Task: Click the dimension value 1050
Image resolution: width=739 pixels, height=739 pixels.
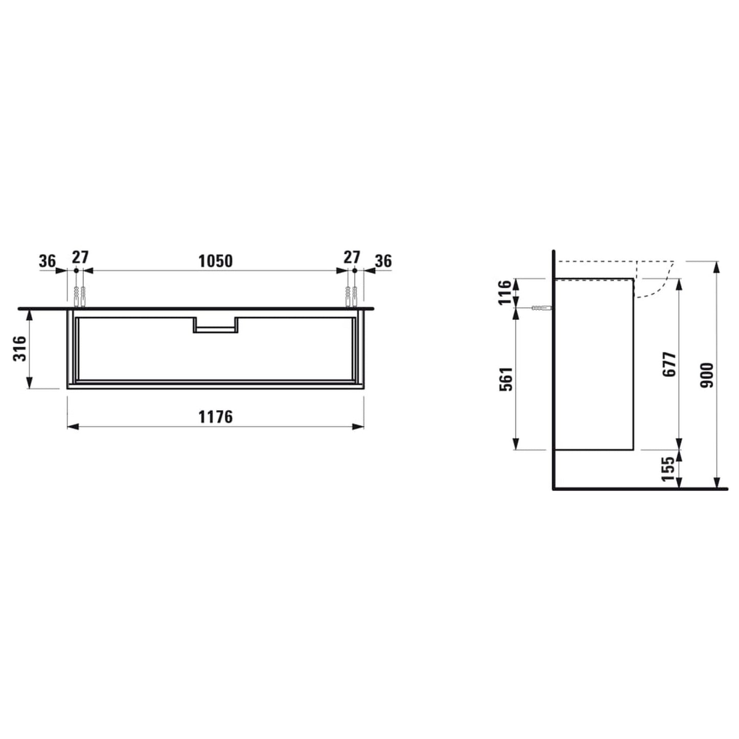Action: point(215,261)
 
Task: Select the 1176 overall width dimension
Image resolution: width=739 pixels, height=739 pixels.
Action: point(215,417)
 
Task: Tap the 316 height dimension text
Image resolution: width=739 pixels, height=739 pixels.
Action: point(19,348)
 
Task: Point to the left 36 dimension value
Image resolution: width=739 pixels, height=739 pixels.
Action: point(47,261)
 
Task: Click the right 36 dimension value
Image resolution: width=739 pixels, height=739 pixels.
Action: point(383,261)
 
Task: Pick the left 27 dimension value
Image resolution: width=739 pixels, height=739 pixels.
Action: point(80,257)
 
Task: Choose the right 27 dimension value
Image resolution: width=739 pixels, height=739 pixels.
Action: point(351,257)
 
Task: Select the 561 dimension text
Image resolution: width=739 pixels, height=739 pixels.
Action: point(506,378)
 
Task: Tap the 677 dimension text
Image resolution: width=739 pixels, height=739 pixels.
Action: point(669,364)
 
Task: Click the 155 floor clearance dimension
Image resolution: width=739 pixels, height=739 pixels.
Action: point(668,469)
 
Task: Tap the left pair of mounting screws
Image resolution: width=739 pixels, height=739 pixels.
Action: point(80,297)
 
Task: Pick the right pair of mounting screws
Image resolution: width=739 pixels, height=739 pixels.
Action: point(351,297)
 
